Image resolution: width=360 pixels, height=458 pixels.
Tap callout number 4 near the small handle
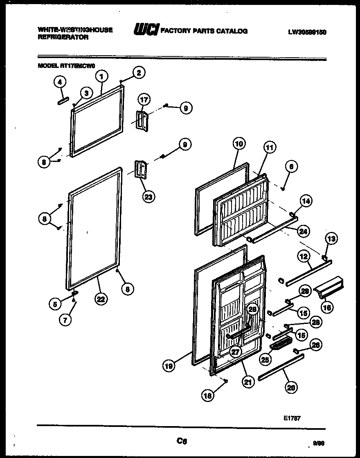[60, 82]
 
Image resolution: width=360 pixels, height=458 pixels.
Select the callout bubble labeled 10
[239, 144]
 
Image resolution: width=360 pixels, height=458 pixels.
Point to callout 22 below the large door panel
[100, 299]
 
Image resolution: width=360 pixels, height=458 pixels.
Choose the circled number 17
[144, 99]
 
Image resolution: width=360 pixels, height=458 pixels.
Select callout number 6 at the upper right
[291, 166]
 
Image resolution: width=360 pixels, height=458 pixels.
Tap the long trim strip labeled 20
[281, 366]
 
